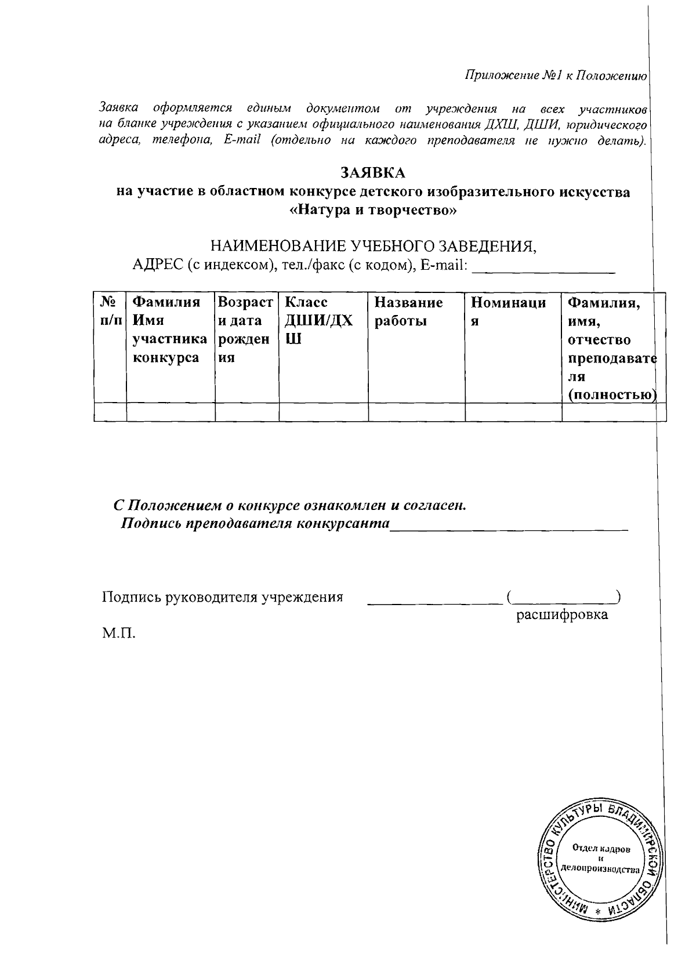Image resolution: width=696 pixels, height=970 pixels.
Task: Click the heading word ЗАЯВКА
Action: [x=372, y=173]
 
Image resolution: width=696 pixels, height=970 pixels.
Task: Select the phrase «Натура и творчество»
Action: [x=373, y=210]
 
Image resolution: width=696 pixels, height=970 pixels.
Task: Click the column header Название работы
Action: [x=408, y=312]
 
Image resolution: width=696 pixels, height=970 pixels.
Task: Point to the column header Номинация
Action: [x=508, y=312]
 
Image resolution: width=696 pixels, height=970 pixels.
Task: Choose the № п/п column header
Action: [x=110, y=312]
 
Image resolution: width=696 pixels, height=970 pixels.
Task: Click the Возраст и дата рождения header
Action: [x=246, y=330]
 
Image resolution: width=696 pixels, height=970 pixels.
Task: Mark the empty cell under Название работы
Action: [x=416, y=412]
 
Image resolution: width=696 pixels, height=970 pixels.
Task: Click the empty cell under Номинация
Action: [x=513, y=412]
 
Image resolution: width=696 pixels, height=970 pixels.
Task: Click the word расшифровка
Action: [x=562, y=615]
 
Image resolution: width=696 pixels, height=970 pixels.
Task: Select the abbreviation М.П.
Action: [x=118, y=633]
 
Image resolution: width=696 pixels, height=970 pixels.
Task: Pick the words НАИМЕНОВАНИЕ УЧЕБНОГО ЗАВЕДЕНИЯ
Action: [x=373, y=247]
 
